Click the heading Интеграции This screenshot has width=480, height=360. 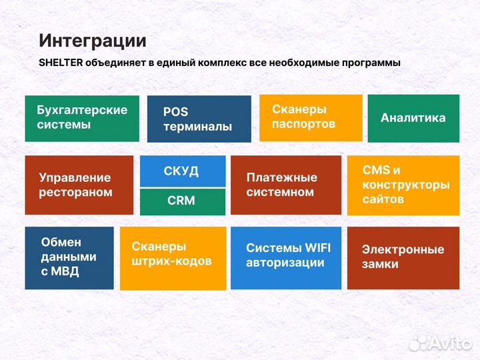point(92,41)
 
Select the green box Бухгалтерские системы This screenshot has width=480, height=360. point(82,118)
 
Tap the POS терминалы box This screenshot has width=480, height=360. point(199,119)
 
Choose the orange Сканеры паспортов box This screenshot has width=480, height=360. point(310,117)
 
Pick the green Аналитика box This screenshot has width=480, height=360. point(413,118)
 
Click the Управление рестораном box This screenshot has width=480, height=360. point(79,185)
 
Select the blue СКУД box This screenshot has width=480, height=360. point(182,171)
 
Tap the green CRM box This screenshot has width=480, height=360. point(182,201)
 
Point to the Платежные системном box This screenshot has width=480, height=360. point(285,185)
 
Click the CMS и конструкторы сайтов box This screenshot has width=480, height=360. point(403,185)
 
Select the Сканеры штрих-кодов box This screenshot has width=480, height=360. point(172,258)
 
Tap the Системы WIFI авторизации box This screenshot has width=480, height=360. point(285,258)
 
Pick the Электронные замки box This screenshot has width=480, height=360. point(403,258)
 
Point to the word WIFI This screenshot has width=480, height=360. point(317,248)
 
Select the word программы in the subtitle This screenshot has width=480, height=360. point(369,63)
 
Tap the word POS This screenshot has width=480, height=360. point(175,112)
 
